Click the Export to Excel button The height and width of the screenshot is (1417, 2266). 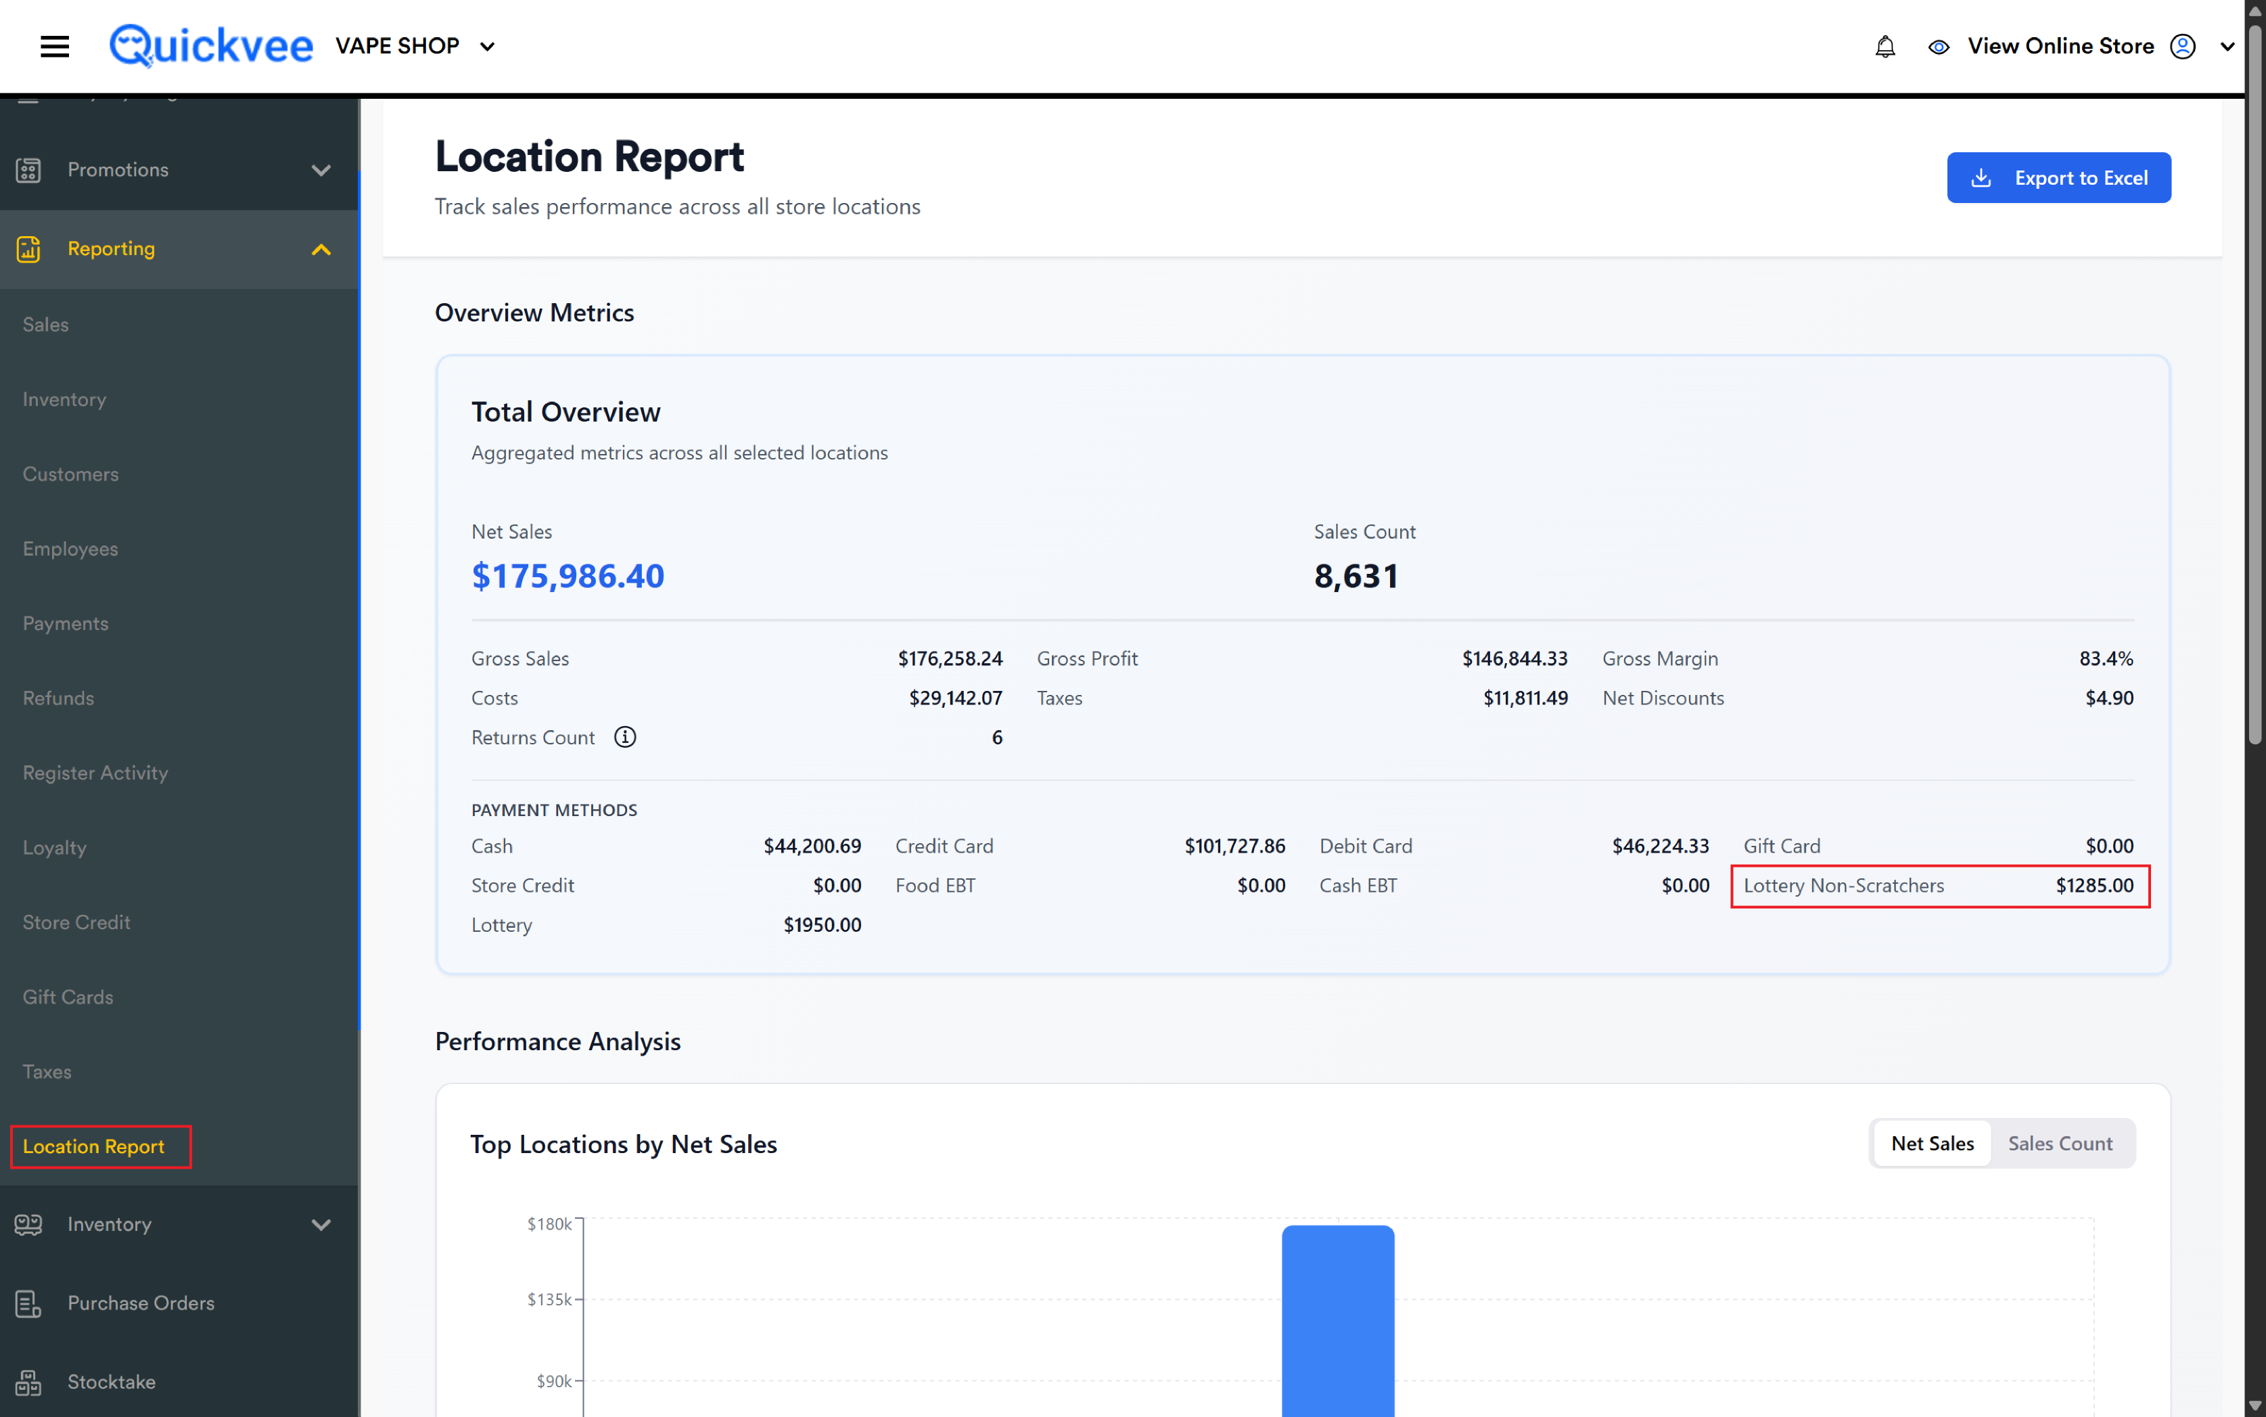2058,177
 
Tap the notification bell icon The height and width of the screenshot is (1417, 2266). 1885,47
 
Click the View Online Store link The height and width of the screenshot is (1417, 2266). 2060,46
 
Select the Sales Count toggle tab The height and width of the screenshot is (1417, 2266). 2059,1144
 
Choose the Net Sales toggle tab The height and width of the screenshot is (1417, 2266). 1932,1144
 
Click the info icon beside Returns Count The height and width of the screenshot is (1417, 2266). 625,737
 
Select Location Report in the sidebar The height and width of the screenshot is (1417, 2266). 93,1146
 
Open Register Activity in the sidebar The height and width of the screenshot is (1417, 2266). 95,772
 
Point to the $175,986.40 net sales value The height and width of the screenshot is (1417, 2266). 568,575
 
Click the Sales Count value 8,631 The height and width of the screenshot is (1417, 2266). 1356,575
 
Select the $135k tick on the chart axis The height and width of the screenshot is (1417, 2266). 550,1299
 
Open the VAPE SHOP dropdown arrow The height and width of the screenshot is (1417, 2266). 487,47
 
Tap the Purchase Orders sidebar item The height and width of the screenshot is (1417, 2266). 141,1303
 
